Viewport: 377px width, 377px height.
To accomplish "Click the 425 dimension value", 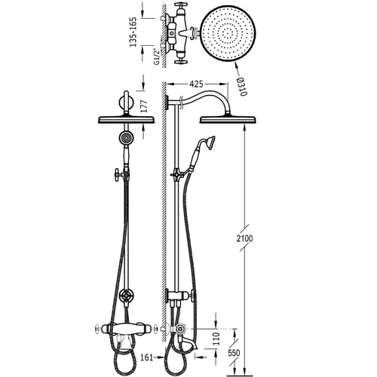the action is pos(196,84).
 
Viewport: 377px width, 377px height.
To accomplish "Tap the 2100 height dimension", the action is pos(244,238).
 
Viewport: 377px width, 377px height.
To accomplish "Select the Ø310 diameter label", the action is pos(242,86).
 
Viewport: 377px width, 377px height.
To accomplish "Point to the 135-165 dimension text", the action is pos(133,32).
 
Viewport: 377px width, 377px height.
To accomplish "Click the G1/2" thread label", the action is pos(157,57).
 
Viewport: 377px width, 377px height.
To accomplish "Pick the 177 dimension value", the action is pos(143,106).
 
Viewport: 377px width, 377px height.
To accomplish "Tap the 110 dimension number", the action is pos(216,339).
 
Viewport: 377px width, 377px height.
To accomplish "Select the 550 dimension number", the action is pos(234,353).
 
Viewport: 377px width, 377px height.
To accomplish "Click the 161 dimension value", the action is pos(147,357).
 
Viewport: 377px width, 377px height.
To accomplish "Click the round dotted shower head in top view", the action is pos(228,34).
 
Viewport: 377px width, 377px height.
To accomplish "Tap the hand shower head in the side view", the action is pos(210,142).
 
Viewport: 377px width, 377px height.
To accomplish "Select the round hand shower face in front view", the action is pos(126,138).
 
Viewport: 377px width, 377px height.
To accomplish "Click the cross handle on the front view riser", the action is pos(118,175).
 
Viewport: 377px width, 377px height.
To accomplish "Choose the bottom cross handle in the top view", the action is pos(180,62).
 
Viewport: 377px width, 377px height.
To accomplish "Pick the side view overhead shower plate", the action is pos(228,119).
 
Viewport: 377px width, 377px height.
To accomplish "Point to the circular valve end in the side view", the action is pos(180,329).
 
